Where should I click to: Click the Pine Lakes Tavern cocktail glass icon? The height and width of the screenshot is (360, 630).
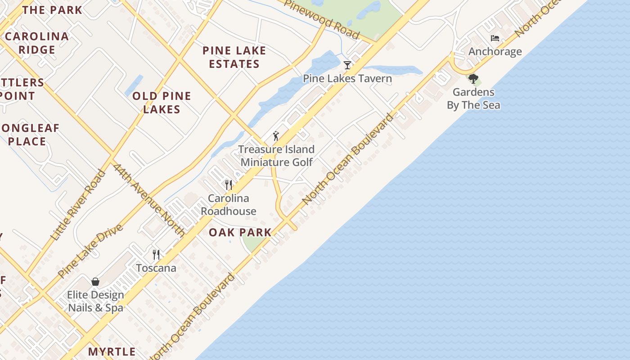[347, 65]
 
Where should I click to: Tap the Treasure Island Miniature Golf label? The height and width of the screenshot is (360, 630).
[276, 156]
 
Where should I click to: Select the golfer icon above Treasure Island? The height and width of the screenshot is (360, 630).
[276, 136]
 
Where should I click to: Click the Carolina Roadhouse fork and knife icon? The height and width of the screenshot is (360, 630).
[229, 184]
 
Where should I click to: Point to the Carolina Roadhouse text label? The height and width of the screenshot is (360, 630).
[229, 205]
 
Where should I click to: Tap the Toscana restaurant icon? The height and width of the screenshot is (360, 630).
[156, 255]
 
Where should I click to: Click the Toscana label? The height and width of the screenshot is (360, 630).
[156, 268]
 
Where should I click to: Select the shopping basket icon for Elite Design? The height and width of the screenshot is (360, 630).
[95, 282]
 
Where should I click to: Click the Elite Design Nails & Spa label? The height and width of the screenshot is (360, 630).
[95, 301]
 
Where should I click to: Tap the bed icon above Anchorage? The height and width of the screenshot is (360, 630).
[495, 38]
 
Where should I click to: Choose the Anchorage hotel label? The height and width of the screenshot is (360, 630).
[495, 52]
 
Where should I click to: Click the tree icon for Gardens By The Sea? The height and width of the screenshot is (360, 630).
[473, 79]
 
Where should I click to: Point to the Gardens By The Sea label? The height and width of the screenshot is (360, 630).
[473, 99]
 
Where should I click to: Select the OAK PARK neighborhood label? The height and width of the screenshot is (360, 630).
[240, 233]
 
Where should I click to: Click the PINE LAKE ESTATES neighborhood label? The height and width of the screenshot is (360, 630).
[234, 57]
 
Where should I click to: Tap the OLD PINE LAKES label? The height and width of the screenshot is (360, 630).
[162, 103]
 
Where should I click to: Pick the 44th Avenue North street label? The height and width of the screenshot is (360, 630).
[149, 200]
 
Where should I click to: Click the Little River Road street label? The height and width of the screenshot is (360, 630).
[78, 205]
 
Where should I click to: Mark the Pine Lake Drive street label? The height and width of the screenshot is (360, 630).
[90, 251]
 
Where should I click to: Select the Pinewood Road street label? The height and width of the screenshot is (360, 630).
[322, 19]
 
